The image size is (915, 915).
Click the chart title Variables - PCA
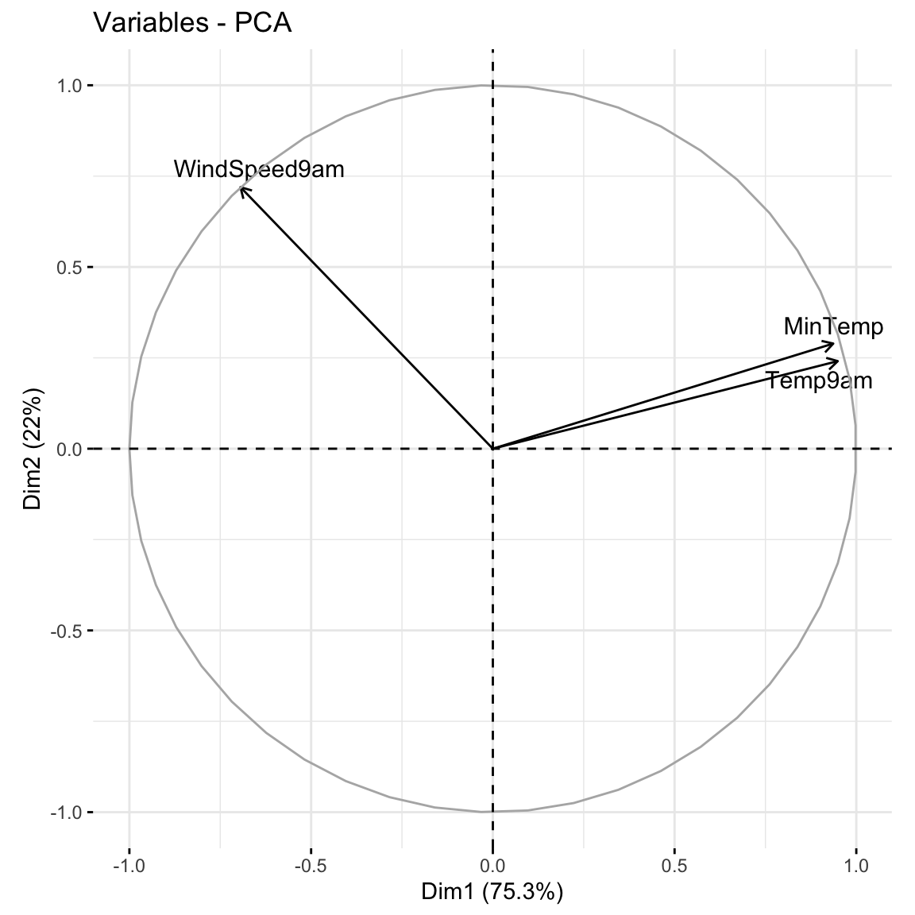(x=193, y=23)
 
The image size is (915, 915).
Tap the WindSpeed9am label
(x=259, y=168)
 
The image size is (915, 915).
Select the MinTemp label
(x=832, y=326)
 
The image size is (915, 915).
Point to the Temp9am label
(x=819, y=381)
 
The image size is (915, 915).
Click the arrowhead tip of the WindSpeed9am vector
(x=241, y=187)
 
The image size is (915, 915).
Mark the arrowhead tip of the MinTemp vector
(x=835, y=343)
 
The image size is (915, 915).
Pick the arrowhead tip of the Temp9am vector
(x=839, y=361)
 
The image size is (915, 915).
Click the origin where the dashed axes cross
(x=493, y=449)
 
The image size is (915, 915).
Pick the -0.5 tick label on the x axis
(x=310, y=864)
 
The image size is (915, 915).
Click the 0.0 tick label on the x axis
(x=493, y=864)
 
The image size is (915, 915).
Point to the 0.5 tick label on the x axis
(x=674, y=864)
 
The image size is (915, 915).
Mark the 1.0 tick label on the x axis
(x=856, y=864)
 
